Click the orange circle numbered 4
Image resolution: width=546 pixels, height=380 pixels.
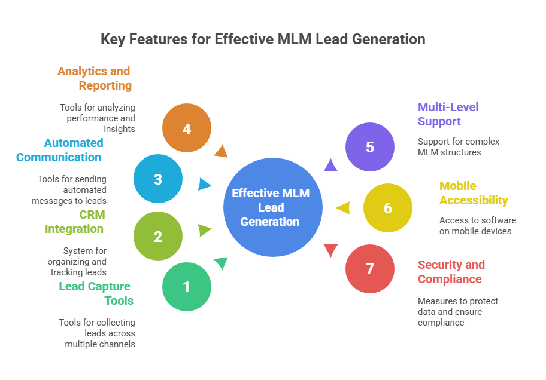click(187, 128)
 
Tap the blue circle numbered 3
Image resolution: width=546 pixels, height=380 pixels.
click(158, 179)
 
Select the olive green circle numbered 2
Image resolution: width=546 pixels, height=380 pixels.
click(158, 237)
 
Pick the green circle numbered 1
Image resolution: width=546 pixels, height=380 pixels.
click(187, 287)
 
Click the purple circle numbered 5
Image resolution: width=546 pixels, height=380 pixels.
click(370, 147)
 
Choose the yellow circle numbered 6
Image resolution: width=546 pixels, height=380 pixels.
click(388, 208)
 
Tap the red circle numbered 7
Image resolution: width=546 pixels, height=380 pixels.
click(370, 269)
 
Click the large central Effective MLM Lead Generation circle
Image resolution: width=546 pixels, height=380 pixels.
click(273, 207)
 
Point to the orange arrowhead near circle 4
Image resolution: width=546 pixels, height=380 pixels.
click(221, 151)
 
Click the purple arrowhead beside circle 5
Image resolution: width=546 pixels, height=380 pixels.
click(330, 165)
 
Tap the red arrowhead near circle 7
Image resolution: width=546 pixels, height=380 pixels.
click(330, 251)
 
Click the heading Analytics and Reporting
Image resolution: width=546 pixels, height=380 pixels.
click(95, 78)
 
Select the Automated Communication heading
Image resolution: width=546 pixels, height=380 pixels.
click(59, 150)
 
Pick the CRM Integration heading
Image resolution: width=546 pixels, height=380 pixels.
click(74, 222)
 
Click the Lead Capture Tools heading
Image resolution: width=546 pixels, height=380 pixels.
click(96, 293)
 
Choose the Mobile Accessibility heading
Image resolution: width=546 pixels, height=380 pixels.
click(473, 193)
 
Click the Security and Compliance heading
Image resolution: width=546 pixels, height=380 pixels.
click(451, 272)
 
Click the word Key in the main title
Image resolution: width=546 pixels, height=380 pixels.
click(112, 40)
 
